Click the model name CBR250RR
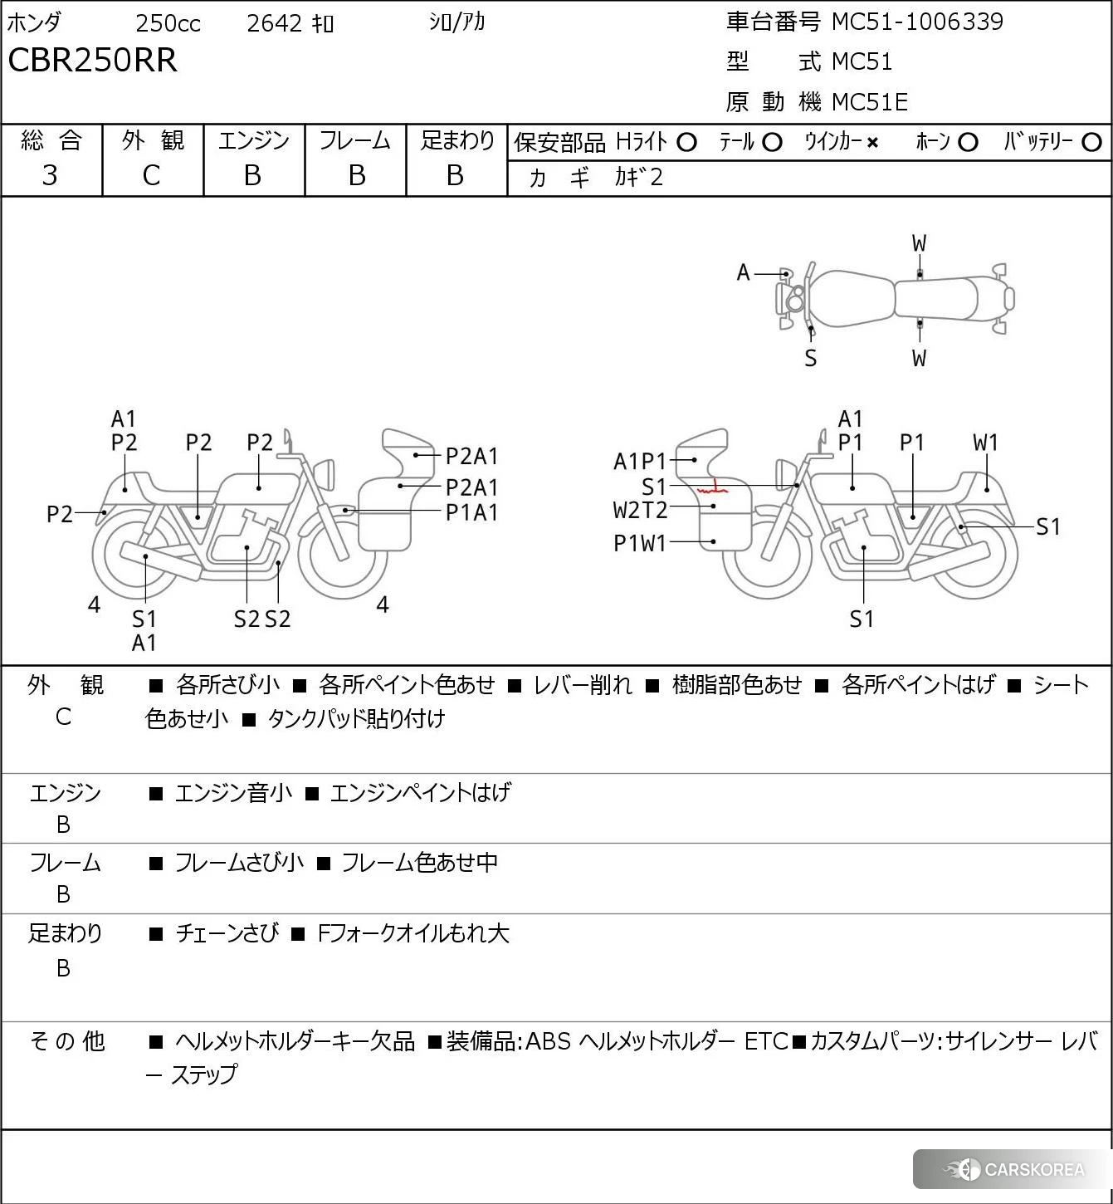92,61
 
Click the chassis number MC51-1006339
917,22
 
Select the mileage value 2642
274,23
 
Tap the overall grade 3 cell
50,175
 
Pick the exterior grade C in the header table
151,175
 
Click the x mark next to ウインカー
872,143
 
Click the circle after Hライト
686,143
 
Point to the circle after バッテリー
1092,143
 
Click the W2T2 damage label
640,509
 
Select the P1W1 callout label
640,543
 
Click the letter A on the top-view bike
743,272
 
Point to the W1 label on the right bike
986,443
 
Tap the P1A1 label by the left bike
471,512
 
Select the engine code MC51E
870,102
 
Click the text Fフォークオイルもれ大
412,933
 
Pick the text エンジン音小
233,793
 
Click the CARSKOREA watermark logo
1014,1169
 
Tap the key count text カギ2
638,177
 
